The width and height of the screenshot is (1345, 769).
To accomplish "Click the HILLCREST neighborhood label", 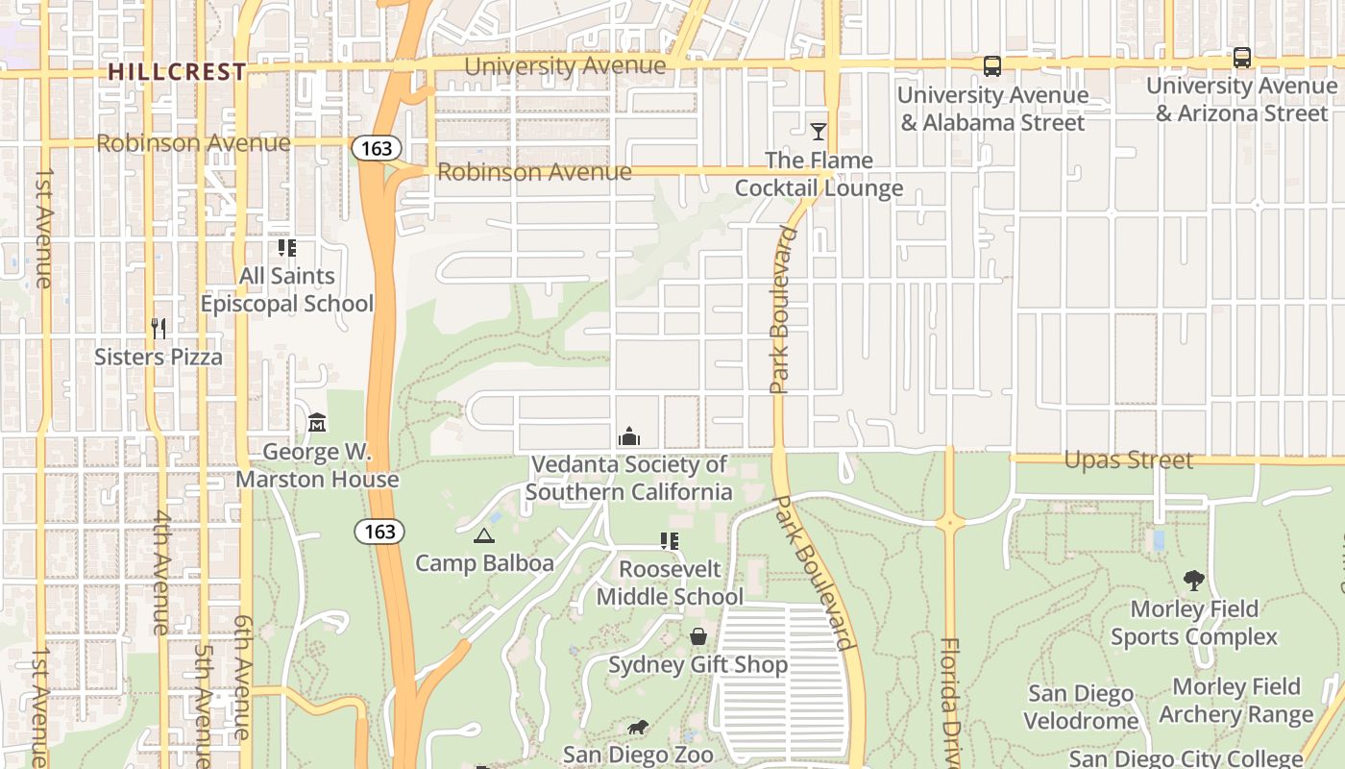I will (x=177, y=72).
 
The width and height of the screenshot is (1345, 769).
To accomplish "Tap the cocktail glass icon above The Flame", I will (x=819, y=132).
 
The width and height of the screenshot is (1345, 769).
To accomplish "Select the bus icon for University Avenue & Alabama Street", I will (x=992, y=66).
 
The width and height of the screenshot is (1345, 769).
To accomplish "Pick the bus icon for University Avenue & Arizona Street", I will (x=1242, y=58).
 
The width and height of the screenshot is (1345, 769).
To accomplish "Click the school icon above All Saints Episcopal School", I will (x=287, y=248).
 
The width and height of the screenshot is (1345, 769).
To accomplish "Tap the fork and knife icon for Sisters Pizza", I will (x=159, y=329).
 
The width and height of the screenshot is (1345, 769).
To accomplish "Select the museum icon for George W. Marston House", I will (x=317, y=423).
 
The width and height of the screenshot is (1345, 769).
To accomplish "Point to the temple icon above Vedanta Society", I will (x=629, y=436).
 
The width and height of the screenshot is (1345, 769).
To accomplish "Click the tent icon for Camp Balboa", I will (x=484, y=535).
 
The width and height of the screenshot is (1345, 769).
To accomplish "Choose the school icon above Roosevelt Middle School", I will (x=670, y=541).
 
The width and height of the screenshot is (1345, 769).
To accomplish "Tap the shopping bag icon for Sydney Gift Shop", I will (x=698, y=636).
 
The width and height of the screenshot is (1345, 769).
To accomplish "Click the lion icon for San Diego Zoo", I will (x=637, y=727).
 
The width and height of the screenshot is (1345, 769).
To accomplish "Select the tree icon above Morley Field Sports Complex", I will (x=1194, y=581).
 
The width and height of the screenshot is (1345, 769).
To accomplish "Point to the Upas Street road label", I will (x=1128, y=460).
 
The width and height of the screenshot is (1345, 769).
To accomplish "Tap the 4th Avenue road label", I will (x=159, y=585).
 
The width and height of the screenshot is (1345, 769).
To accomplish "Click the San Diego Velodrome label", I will (x=1081, y=707).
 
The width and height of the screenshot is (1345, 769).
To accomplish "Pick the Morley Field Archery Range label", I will (x=1235, y=701).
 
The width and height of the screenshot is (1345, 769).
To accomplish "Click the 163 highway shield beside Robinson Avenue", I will (x=377, y=148).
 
